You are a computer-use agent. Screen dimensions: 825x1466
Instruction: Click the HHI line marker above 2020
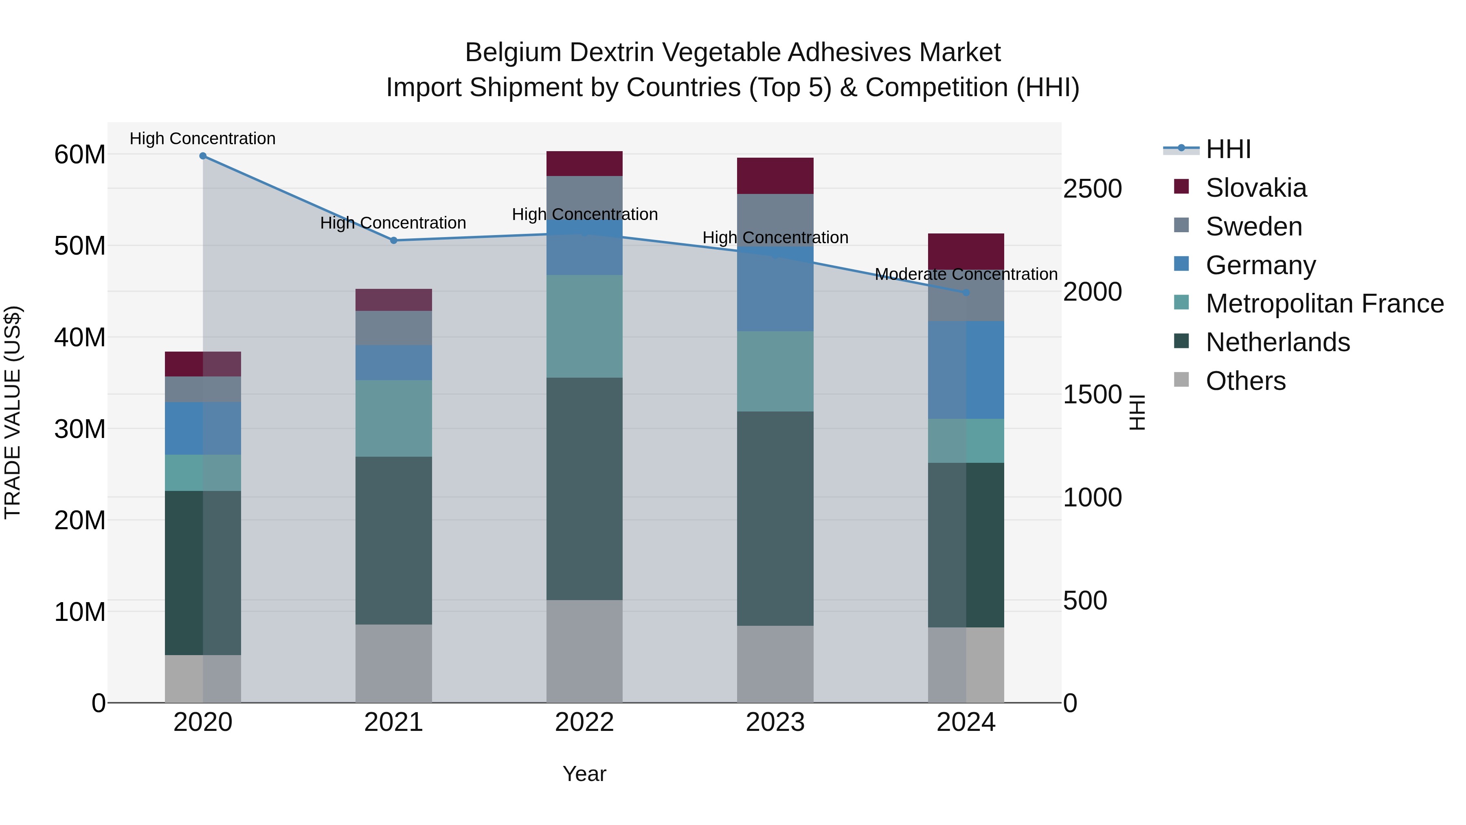(203, 156)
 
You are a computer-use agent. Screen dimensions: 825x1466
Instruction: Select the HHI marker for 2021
(393, 240)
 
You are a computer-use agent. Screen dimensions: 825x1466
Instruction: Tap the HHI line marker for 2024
(966, 292)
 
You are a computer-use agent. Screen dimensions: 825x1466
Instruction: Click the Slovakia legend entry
(1255, 188)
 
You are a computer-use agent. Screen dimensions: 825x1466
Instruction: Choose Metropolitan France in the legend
(1324, 304)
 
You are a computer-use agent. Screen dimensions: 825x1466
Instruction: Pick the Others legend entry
(1245, 381)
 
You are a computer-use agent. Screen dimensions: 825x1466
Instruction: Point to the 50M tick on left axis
(80, 246)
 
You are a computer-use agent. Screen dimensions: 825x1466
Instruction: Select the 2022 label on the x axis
(584, 722)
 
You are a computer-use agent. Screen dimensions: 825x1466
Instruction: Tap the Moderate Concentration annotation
(966, 274)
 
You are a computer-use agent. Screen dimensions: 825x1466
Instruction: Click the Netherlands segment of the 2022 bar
(584, 488)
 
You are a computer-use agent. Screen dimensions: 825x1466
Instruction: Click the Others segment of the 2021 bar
(393, 663)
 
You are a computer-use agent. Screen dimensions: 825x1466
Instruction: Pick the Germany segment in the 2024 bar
(966, 370)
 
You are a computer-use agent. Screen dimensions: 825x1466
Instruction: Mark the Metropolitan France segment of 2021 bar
(393, 418)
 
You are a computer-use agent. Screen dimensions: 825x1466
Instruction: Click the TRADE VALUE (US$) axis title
(13, 412)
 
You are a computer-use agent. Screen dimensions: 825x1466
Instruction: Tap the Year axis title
(584, 774)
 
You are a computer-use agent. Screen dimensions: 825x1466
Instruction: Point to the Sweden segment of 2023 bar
(775, 219)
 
